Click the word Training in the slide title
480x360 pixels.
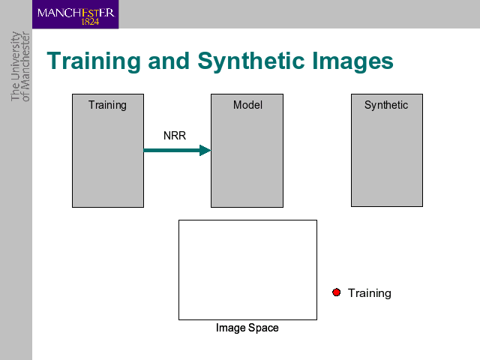coord(93,61)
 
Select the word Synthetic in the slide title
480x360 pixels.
coord(250,61)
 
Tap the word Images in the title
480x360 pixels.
coord(352,61)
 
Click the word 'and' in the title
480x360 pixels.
coord(169,61)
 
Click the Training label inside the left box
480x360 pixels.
coord(107,105)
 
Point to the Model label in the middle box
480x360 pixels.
coord(247,105)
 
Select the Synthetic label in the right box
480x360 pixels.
coord(386,105)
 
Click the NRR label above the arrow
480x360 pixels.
coord(175,135)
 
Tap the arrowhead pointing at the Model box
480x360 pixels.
coord(205,150)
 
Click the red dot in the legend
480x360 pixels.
coord(337,292)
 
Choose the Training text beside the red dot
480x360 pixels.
coord(370,293)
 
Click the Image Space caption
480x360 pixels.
coord(247,328)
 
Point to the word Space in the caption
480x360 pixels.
coord(263,328)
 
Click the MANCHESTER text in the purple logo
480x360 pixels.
coord(76,13)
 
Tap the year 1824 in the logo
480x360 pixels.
coord(90,22)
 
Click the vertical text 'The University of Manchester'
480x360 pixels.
coord(20,67)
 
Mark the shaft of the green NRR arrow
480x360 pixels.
coord(172,150)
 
